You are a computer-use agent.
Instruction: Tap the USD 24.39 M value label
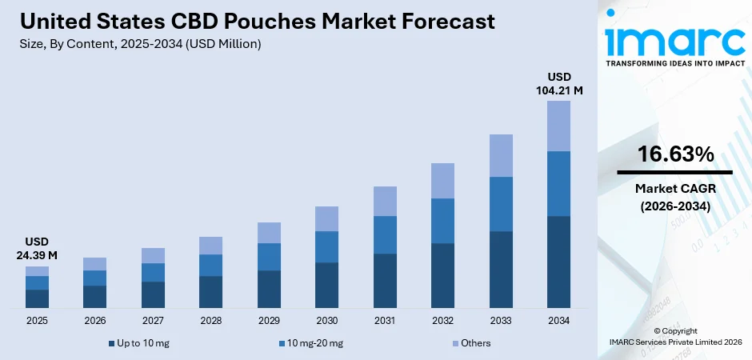[x=37, y=249]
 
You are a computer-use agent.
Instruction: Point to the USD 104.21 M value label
[x=558, y=84]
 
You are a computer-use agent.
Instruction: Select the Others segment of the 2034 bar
[x=558, y=126]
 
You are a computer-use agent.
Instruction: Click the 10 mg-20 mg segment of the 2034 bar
[x=558, y=183]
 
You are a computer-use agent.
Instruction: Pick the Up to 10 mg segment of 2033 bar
[x=501, y=270]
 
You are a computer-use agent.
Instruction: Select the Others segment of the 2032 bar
[x=442, y=181]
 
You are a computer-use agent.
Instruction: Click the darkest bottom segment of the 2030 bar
[x=326, y=285]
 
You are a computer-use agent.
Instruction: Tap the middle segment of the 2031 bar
[x=385, y=234]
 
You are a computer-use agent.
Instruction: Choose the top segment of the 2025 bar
[x=37, y=271]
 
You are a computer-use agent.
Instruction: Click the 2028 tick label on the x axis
[x=210, y=321]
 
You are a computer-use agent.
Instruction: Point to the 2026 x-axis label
[x=94, y=321]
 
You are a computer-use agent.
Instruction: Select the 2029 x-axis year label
[x=269, y=321]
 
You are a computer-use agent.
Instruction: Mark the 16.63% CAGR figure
[x=674, y=155]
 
